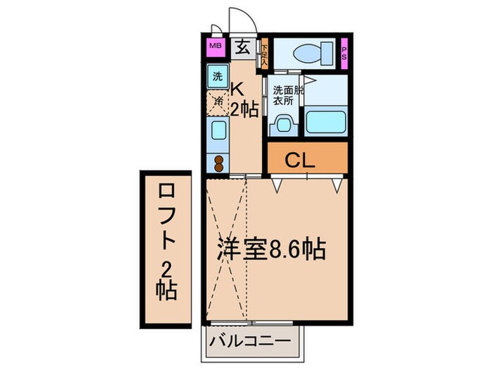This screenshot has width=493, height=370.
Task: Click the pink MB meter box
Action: [x=214, y=48]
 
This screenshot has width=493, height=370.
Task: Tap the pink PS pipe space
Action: [x=344, y=53]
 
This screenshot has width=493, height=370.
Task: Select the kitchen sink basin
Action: [x=218, y=132]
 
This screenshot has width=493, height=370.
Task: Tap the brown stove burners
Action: [x=218, y=162]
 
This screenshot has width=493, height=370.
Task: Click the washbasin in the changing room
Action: [x=283, y=125]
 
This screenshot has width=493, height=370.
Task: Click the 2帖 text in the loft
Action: [x=167, y=280]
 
